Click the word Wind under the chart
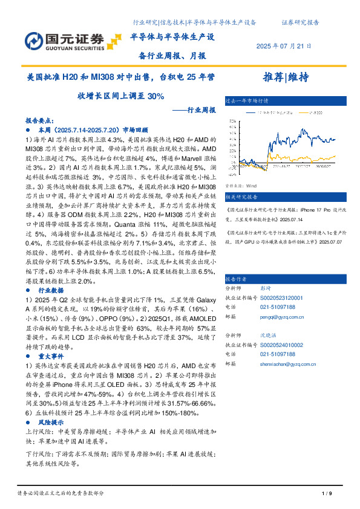tap(252, 186)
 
